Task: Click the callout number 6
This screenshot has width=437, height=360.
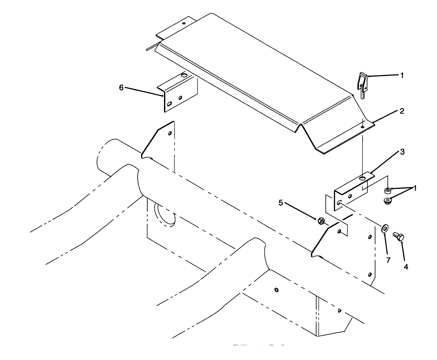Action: (121, 87)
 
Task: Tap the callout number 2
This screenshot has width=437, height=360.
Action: (402, 111)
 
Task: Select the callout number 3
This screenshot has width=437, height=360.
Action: (402, 152)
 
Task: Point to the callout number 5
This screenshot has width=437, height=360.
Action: (280, 203)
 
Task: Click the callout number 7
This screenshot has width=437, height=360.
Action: (388, 260)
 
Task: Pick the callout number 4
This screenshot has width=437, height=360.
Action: (406, 266)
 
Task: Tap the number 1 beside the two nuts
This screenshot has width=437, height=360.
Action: (415, 188)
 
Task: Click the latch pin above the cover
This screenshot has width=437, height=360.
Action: (362, 85)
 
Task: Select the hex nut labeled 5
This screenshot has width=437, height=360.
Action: (321, 221)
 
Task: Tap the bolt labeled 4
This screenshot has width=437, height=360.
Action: (399, 238)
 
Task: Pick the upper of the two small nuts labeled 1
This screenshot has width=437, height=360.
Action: (388, 190)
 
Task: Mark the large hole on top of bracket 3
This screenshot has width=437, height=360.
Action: (362, 178)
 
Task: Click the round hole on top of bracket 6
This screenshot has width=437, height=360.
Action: (184, 76)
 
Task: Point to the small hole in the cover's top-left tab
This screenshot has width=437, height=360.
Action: (184, 23)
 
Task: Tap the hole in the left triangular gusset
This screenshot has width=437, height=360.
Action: (170, 133)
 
